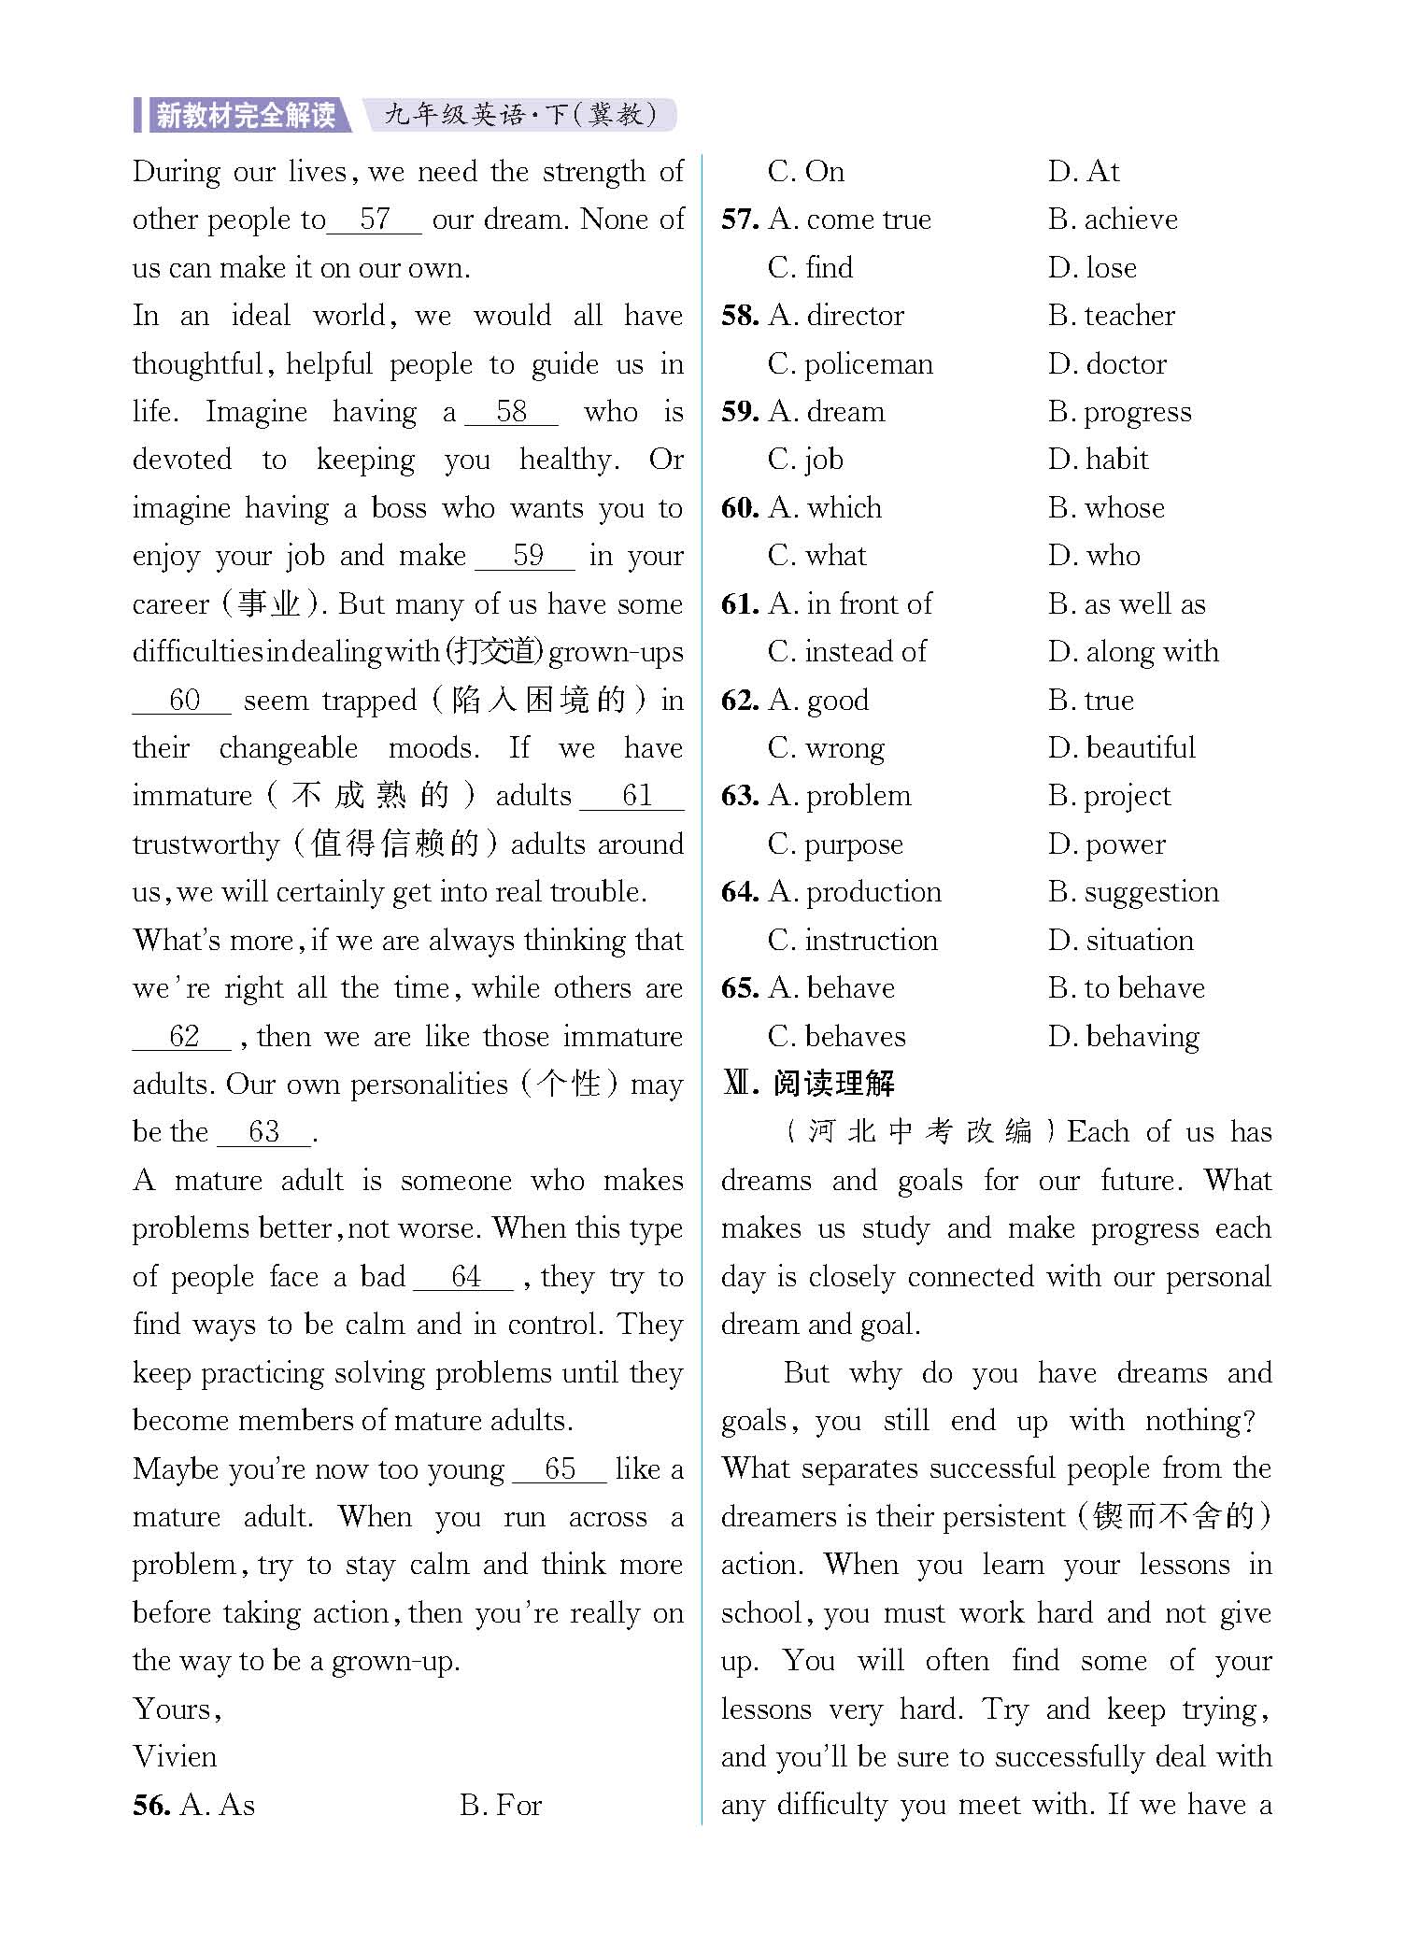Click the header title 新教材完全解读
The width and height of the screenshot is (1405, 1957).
pos(245,115)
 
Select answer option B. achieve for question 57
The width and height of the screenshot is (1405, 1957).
pos(1113,220)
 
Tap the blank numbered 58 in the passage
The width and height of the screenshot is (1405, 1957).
pos(512,412)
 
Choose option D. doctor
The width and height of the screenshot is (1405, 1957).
pos(1107,363)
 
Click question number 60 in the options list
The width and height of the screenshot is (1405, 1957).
pos(740,508)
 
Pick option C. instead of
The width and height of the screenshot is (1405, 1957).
pos(847,652)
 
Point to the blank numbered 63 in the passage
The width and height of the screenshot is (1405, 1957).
pos(264,1132)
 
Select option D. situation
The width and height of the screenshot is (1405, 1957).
pos(1121,941)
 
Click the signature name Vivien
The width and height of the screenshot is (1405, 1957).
pos(175,1757)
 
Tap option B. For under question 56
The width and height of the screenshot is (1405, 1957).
pos(501,1806)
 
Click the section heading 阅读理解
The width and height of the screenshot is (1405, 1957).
pos(833,1084)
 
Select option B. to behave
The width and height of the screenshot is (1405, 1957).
pos(1127,988)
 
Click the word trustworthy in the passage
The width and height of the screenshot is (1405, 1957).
pos(206,844)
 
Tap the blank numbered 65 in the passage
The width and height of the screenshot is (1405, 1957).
pos(560,1468)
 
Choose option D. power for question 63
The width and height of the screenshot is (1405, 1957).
pos(1107,844)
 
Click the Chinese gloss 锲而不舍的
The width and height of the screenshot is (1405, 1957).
pos(1172,1517)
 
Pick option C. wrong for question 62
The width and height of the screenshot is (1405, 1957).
pos(826,748)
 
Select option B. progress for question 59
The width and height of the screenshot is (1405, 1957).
pos(1120,412)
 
